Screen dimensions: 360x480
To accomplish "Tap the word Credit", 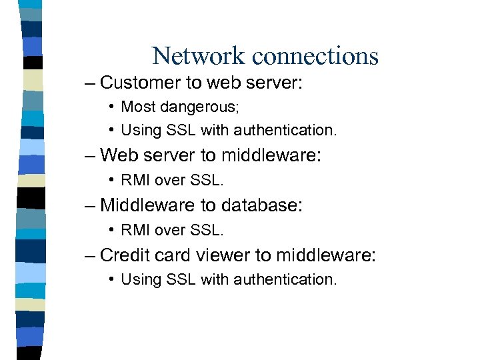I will (x=122, y=255).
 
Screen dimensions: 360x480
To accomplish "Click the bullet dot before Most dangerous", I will (x=114, y=107).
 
